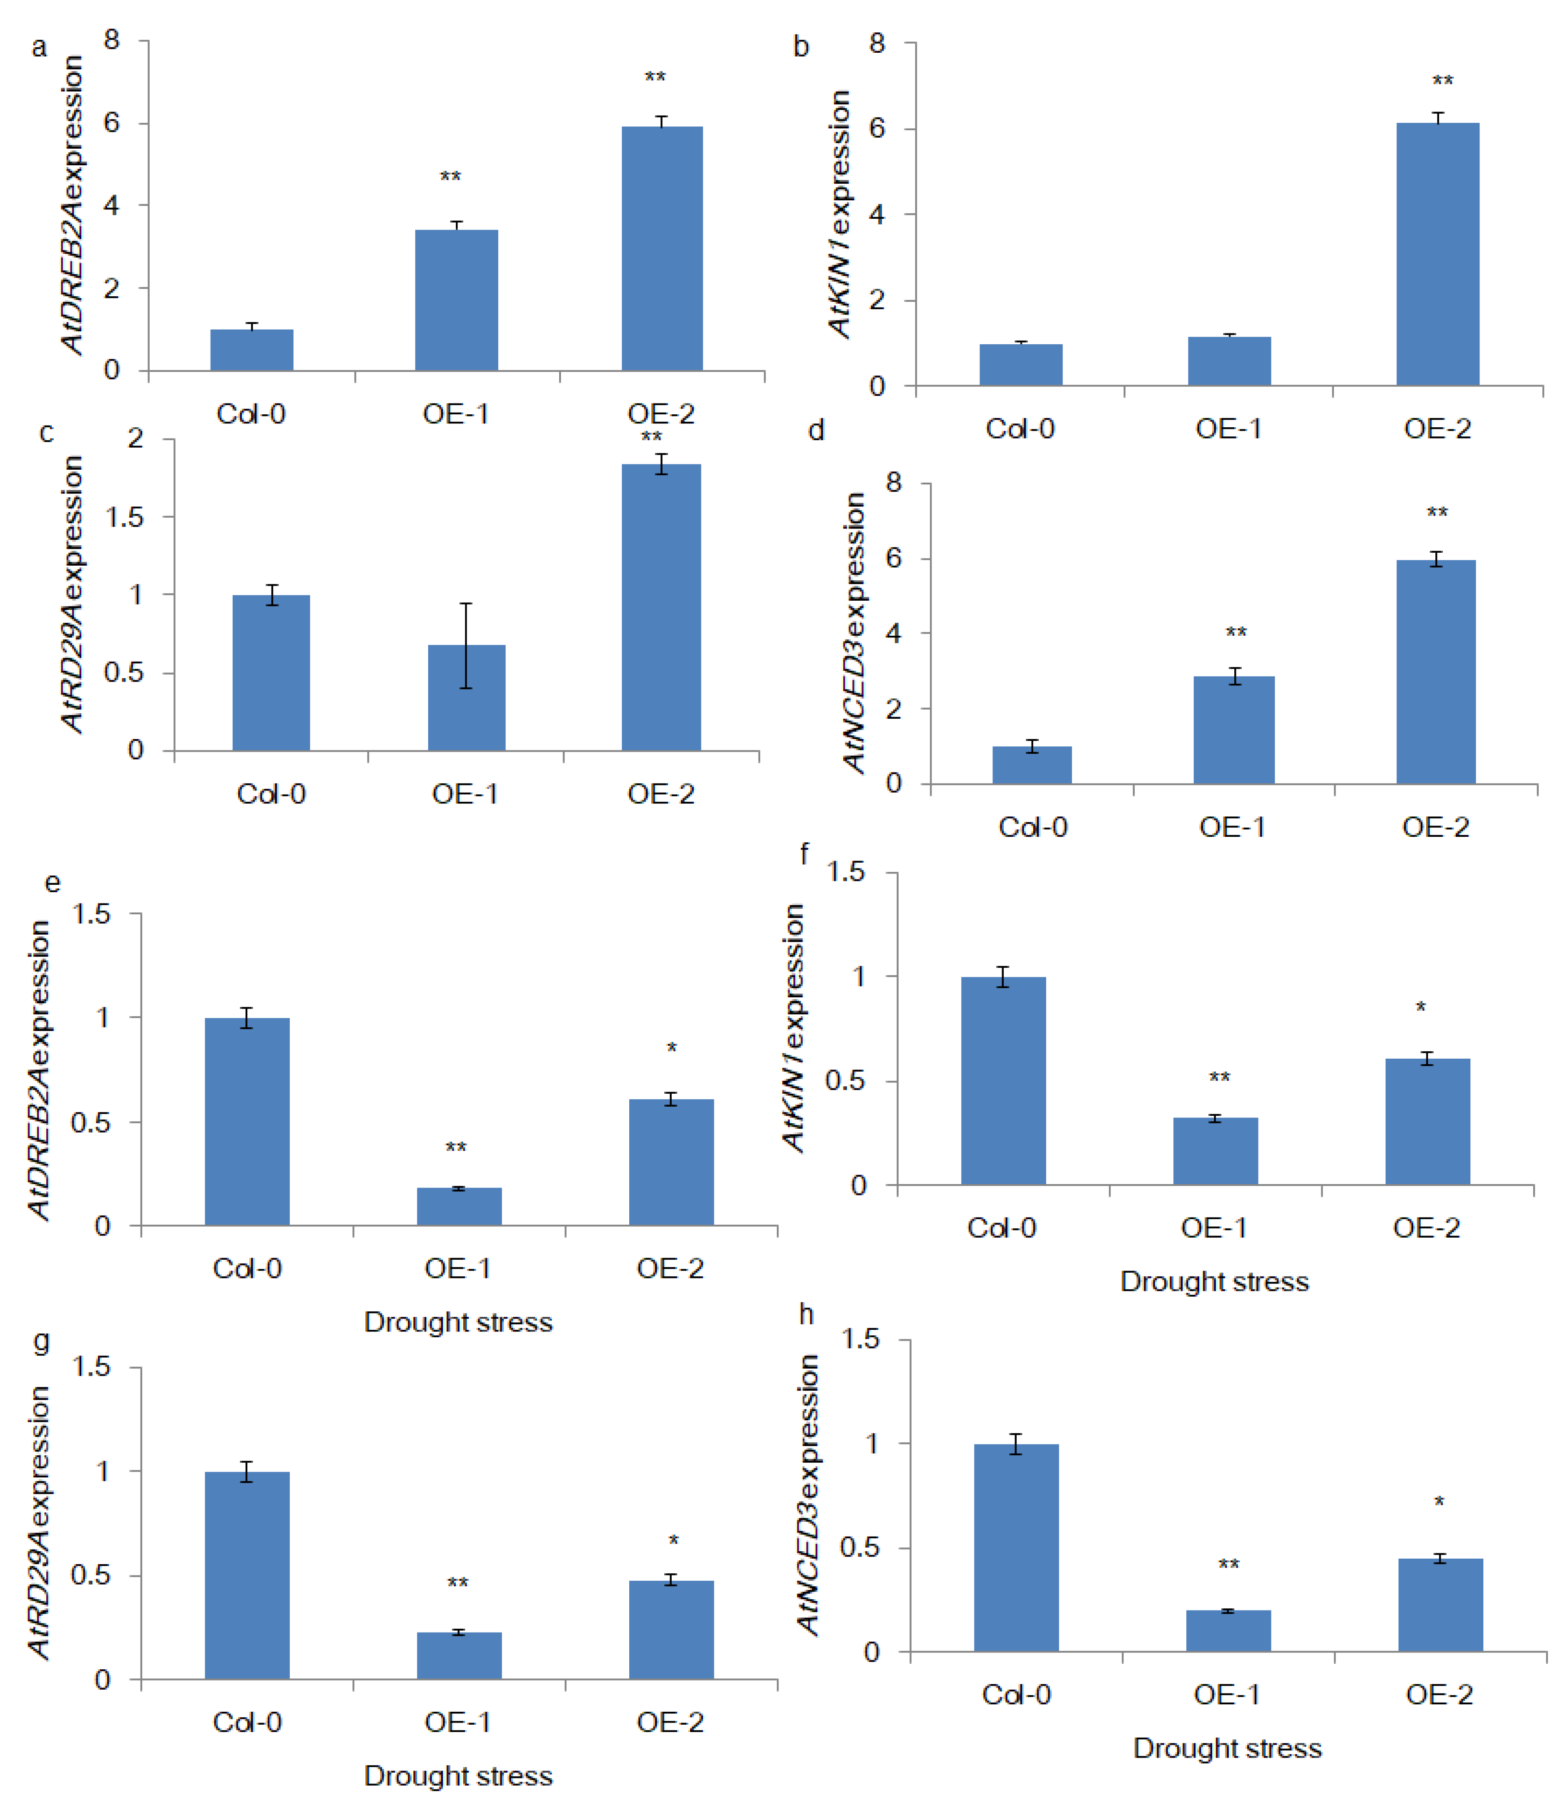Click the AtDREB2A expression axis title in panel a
point(73,205)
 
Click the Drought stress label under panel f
point(1214,1282)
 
